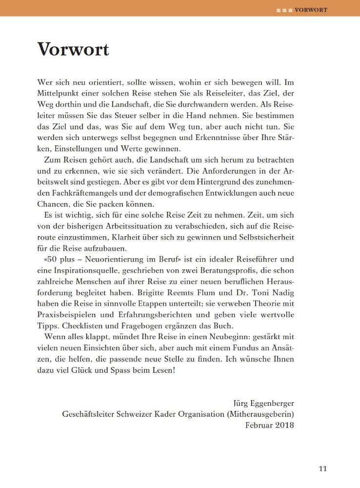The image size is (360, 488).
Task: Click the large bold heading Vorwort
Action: (73, 49)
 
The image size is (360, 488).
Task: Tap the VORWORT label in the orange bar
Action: (311, 9)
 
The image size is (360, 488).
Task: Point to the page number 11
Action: (322, 469)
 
